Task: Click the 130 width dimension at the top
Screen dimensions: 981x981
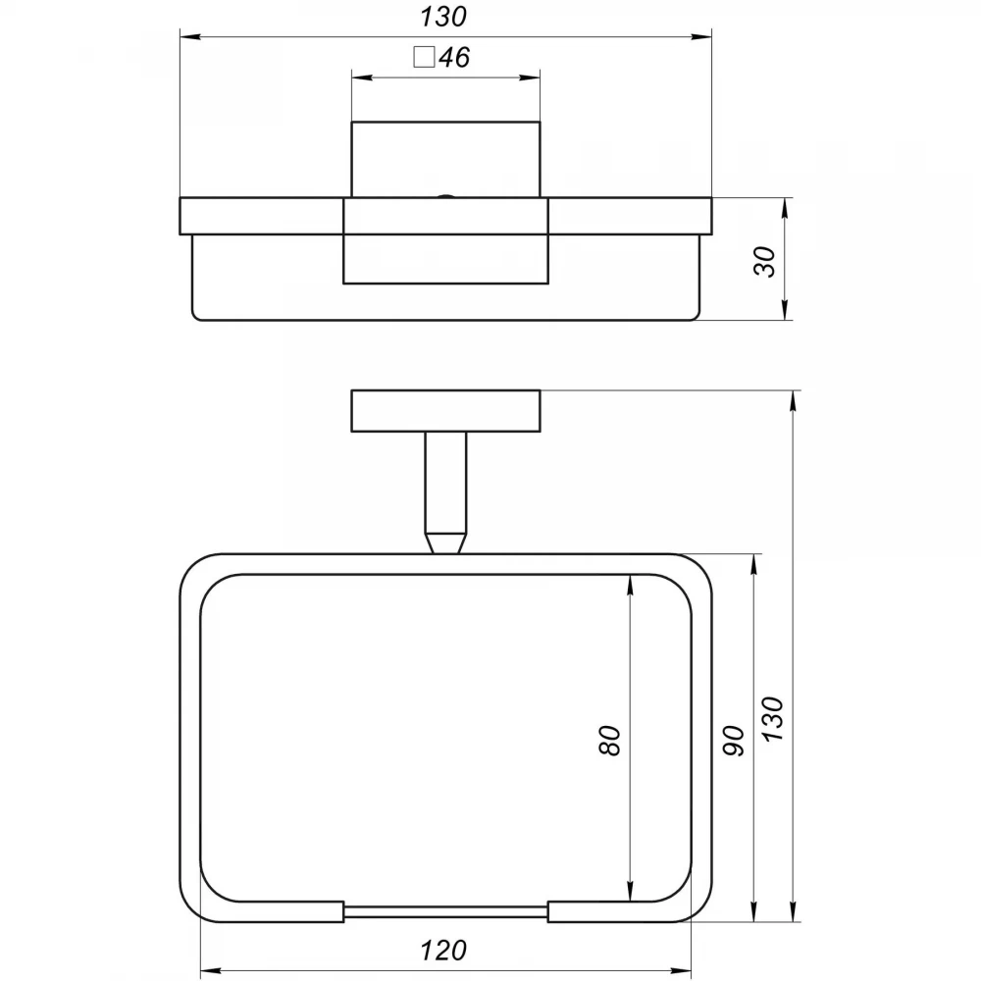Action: tap(443, 17)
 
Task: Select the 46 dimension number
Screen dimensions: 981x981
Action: tap(454, 58)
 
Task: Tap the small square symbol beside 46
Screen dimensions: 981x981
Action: tap(424, 57)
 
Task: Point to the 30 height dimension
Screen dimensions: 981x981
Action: tap(765, 262)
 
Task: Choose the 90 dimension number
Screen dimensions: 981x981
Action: tap(734, 741)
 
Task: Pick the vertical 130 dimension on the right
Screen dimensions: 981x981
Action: tap(773, 719)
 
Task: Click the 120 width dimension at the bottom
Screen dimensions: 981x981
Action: tap(443, 951)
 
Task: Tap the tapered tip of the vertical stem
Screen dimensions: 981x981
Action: tap(445, 542)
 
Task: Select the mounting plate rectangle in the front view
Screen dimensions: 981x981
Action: tap(445, 411)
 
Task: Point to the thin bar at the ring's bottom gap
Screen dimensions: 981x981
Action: tap(445, 911)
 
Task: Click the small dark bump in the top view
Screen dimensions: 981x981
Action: tap(445, 196)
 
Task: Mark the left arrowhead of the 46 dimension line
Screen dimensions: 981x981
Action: tap(362, 77)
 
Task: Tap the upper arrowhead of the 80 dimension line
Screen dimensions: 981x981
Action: tap(630, 585)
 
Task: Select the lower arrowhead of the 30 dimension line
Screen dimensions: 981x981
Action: tap(785, 310)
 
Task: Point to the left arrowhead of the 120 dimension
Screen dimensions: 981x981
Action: tap(210, 970)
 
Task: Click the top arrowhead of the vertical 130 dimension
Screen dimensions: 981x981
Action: tap(794, 401)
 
